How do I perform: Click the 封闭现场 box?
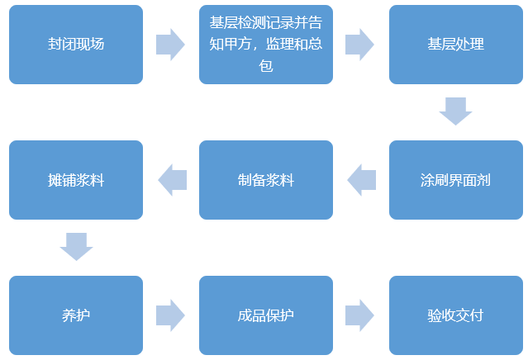(x=76, y=45)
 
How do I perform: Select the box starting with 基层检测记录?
(x=266, y=45)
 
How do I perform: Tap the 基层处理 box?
(x=455, y=45)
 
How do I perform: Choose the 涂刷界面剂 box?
(x=455, y=180)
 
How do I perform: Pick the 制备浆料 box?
(x=266, y=180)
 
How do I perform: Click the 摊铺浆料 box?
(x=76, y=180)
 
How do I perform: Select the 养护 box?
(x=76, y=315)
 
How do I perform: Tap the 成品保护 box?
(x=266, y=315)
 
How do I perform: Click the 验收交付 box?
(x=455, y=315)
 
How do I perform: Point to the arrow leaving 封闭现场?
(x=170, y=45)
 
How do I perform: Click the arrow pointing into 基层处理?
(x=360, y=45)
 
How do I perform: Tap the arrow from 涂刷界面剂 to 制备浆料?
(x=361, y=180)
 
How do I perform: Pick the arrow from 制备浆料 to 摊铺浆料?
(x=172, y=180)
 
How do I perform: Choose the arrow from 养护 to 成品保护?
(x=170, y=315)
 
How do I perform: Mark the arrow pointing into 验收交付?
(x=360, y=315)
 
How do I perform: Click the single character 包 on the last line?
(x=266, y=66)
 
